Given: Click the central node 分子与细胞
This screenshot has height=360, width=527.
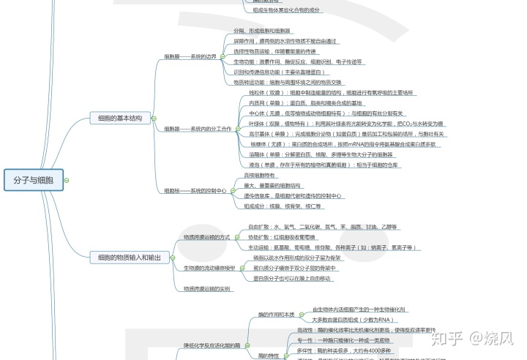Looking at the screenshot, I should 34,179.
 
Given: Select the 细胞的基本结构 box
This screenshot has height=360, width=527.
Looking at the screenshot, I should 120,118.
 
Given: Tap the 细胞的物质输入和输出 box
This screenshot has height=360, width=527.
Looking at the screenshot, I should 130,257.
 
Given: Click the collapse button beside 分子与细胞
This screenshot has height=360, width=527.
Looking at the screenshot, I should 70,179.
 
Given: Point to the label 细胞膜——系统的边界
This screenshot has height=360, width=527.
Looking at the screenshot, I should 190,56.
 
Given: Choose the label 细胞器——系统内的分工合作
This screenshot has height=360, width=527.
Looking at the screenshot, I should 197,128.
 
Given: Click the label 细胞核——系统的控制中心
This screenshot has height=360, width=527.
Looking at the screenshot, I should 195,190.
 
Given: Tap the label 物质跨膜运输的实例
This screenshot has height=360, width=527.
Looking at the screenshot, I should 206,289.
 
